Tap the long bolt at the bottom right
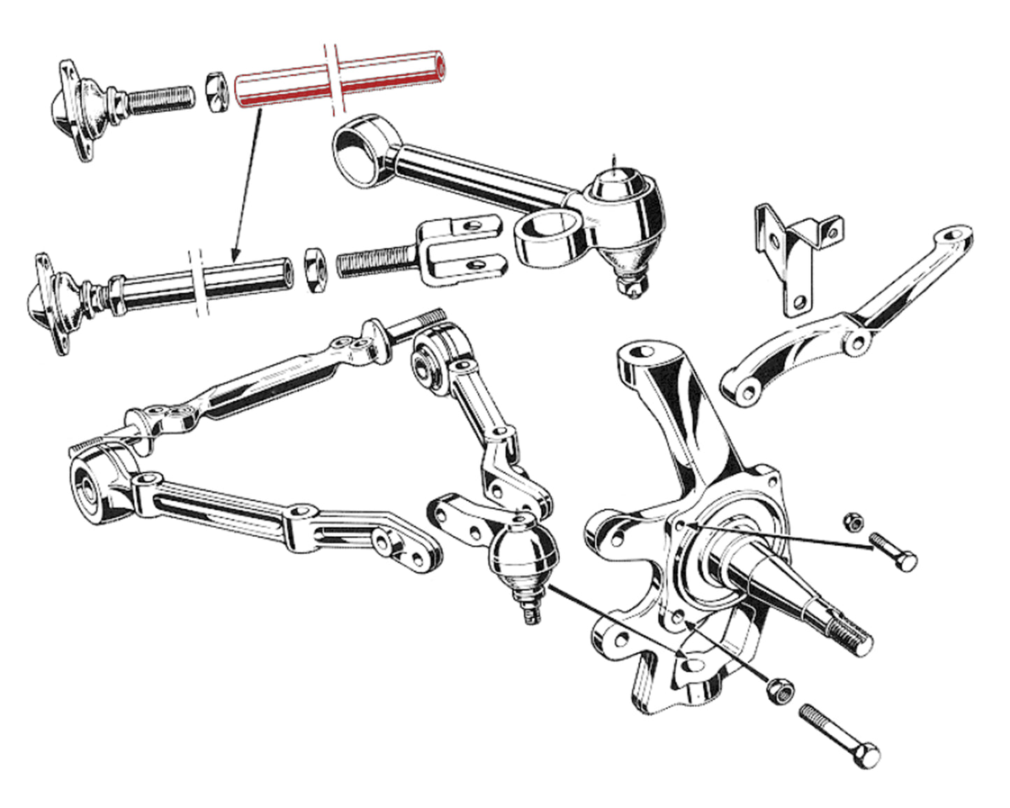(839, 734)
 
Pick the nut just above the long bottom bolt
(779, 688)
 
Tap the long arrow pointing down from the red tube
(247, 182)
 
